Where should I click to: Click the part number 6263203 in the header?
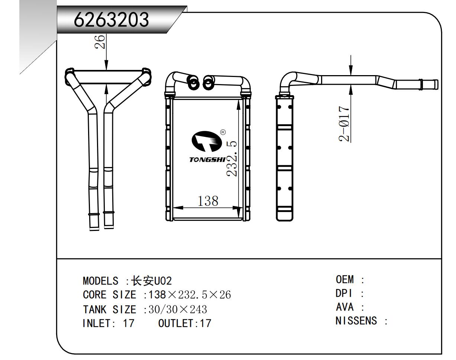[x=111, y=20]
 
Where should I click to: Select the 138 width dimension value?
[x=207, y=201]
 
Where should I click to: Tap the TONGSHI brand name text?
[x=207, y=160]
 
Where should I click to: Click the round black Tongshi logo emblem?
[x=206, y=142]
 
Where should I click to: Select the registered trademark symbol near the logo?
[x=223, y=132]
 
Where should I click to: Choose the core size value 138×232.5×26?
[x=190, y=295]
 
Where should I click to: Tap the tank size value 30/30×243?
[x=178, y=309]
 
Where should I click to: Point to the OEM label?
[x=345, y=279]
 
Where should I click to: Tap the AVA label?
[x=345, y=307]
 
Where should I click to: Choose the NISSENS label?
[x=356, y=321]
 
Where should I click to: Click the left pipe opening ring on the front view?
[x=193, y=83]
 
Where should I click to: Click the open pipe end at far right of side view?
[x=436, y=84]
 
